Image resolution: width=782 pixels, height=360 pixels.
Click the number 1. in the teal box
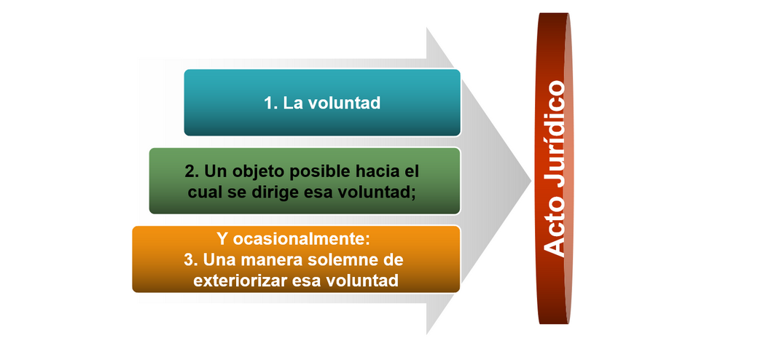tap(271, 103)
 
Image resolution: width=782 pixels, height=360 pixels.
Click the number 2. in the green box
tap(192, 171)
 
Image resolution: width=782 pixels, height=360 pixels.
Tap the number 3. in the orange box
tap(192, 259)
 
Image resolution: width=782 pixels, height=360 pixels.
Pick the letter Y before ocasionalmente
tap(223, 239)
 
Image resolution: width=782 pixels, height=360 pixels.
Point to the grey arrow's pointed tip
tap(531, 181)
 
